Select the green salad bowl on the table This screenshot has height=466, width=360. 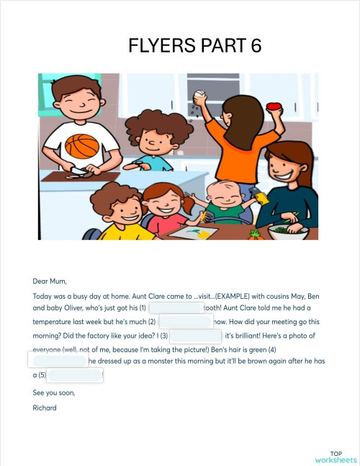(288, 231)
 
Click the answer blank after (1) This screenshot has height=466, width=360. (175, 307)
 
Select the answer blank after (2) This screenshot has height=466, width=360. (186, 321)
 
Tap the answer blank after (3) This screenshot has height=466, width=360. (196, 336)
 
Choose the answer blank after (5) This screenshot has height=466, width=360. (76, 375)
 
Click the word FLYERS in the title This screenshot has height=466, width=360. (158, 47)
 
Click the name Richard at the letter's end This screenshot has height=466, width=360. (44, 408)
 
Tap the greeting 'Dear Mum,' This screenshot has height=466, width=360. (49, 280)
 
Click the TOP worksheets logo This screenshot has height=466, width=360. (335, 455)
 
